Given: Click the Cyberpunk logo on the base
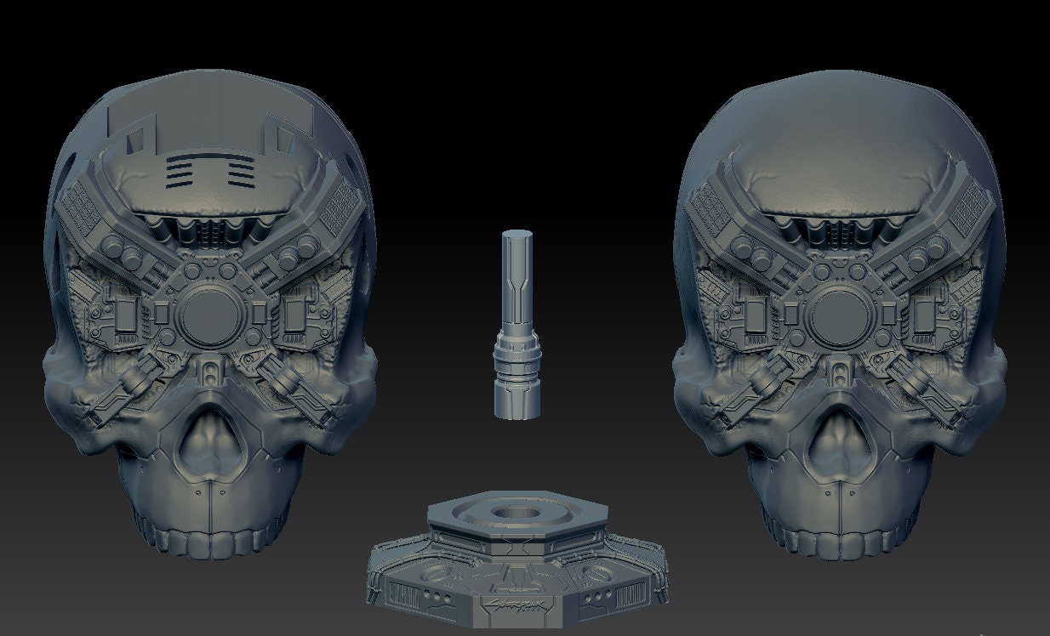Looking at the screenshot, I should tap(517, 607).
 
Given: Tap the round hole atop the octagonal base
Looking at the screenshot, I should tap(515, 514).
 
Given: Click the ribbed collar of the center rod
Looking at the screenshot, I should tap(517, 356).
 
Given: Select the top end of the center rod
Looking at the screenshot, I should tap(517, 236).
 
